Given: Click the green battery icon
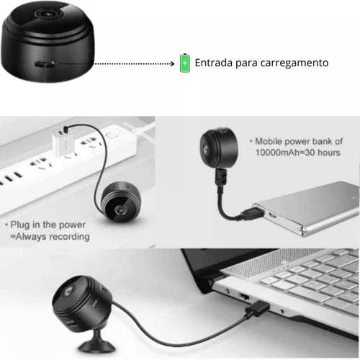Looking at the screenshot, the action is pyautogui.click(x=185, y=63).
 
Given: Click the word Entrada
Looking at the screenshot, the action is pyautogui.click(x=214, y=63).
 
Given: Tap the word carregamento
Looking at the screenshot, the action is pyautogui.click(x=294, y=63).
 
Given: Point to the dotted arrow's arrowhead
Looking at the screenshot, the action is pyautogui.click(x=172, y=63).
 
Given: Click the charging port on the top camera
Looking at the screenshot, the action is pyautogui.click(x=45, y=64).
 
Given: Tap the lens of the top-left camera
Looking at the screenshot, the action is pyautogui.click(x=46, y=13).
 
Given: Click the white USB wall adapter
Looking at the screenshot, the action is pyautogui.click(x=63, y=142).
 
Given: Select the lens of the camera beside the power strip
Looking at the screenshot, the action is pyautogui.click(x=120, y=210).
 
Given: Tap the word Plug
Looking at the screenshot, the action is pyautogui.click(x=20, y=225).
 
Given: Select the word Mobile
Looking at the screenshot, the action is pyautogui.click(x=269, y=141).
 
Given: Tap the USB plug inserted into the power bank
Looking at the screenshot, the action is pyautogui.click(x=253, y=213).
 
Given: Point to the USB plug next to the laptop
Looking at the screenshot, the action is pyautogui.click(x=257, y=308).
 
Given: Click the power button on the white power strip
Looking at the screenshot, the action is pyautogui.click(x=112, y=135).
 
